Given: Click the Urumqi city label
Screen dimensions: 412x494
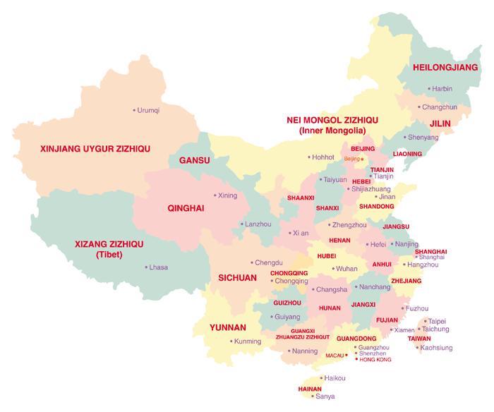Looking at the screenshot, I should pos(149,111).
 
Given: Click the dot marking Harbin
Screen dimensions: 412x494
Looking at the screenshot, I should pos(428,89).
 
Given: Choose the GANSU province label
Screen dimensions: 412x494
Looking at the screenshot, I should pos(194,161).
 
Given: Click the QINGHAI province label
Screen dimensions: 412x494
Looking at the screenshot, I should pos(186,209).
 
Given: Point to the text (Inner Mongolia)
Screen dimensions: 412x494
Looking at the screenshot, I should pos(332,131).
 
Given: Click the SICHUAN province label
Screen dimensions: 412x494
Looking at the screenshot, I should pos(237,278).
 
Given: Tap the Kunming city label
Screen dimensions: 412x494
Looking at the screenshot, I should pos(247,342).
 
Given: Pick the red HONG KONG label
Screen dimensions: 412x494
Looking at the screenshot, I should pos(375,360).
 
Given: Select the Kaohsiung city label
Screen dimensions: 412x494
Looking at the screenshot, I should pos(436,348).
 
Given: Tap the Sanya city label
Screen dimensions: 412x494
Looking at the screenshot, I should pos(325,396).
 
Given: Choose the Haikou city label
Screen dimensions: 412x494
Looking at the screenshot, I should pos(335,378).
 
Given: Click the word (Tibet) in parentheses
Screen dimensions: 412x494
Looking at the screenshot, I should pos(109,255).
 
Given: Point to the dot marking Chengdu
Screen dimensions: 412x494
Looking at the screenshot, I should pos(251,262).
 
